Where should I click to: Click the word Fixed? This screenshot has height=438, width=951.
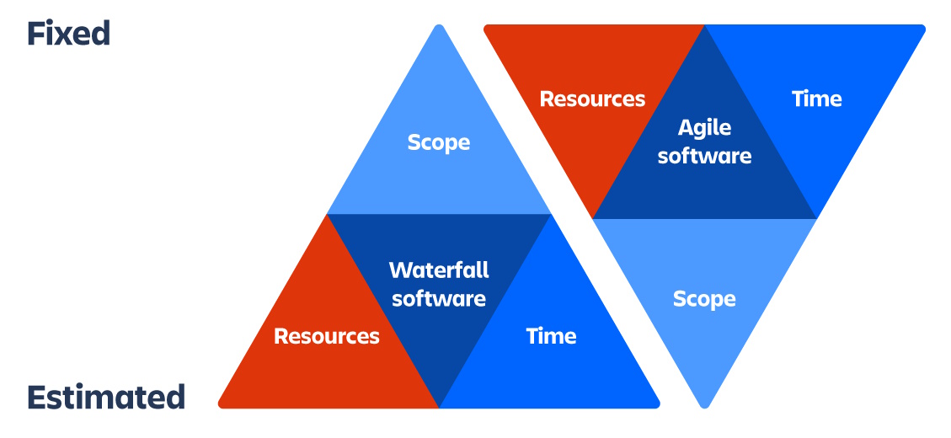click(68, 34)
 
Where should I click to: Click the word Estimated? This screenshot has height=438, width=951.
click(105, 397)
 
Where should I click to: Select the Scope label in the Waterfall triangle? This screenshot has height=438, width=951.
click(438, 142)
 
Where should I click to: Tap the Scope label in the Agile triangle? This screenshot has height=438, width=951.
click(704, 299)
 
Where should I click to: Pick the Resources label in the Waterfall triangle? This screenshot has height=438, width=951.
click(327, 336)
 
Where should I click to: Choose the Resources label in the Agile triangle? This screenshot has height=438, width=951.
click(592, 99)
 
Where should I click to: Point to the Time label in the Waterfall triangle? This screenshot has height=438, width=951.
click(551, 336)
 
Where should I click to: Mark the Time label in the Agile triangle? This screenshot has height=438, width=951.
click(816, 99)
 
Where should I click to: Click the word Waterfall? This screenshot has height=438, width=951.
click(439, 270)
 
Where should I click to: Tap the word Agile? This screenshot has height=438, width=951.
click(704, 128)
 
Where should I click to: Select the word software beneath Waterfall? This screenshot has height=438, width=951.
click(439, 298)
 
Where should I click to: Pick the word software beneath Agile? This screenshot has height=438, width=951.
click(704, 156)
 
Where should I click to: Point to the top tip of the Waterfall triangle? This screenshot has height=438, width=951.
click(438, 26)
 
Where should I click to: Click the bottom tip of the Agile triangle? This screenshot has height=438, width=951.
click(704, 406)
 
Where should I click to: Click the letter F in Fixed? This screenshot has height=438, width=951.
click(36, 34)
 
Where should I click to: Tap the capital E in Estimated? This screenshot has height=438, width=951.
click(36, 397)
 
